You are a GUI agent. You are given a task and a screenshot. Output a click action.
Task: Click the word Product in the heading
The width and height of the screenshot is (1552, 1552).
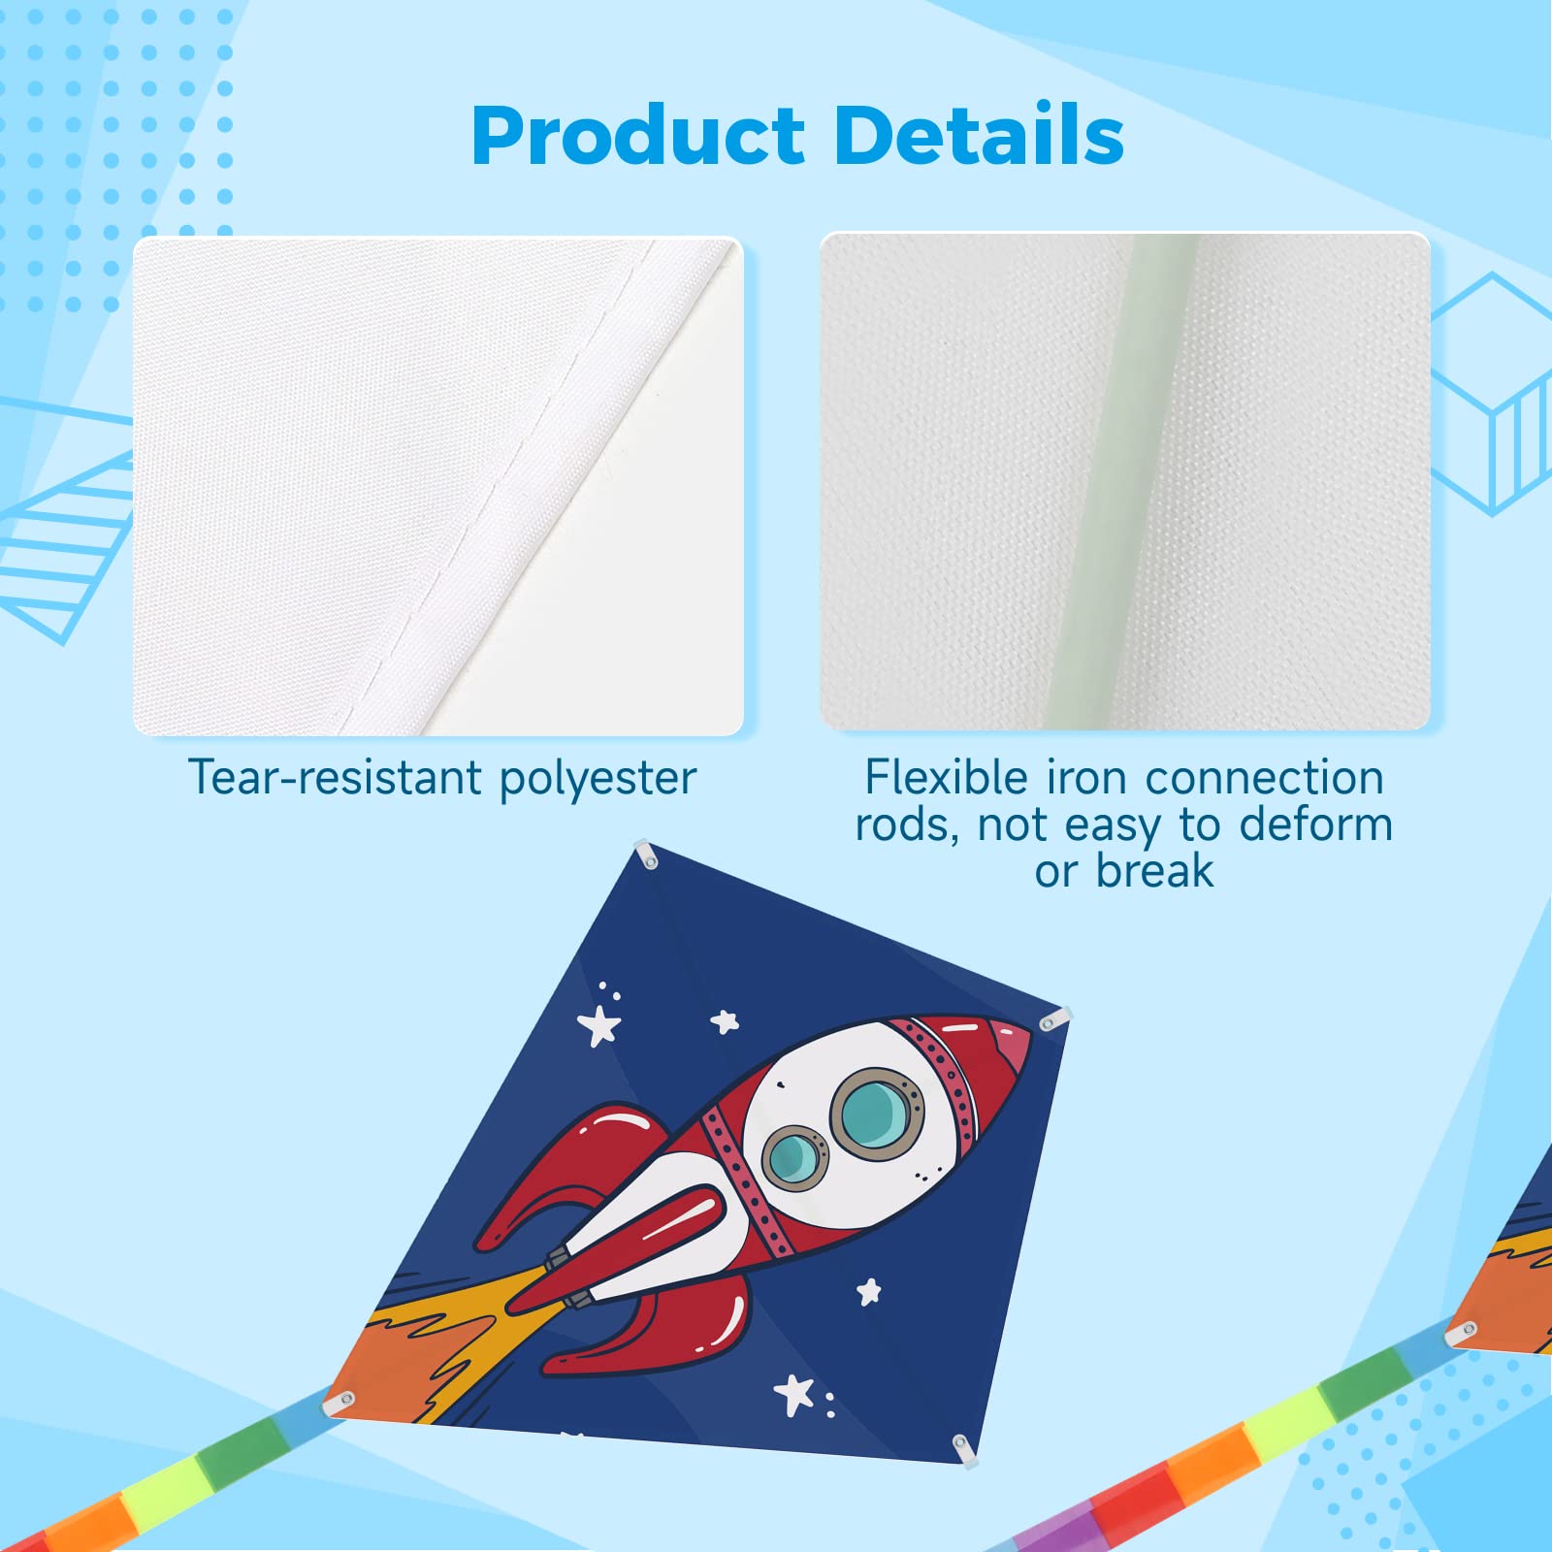638,135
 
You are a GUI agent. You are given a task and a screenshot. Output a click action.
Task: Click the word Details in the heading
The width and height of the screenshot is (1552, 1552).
979,133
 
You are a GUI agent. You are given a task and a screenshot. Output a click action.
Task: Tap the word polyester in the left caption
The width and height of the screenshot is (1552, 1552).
598,780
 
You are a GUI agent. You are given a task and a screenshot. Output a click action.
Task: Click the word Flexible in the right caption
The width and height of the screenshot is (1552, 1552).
946,777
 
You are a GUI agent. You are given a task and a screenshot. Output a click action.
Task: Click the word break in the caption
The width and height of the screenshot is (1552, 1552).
1154,870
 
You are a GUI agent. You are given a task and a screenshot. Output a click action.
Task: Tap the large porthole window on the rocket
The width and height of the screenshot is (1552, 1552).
877,1113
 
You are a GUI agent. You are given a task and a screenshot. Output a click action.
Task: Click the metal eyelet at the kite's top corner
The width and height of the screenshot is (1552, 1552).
647,856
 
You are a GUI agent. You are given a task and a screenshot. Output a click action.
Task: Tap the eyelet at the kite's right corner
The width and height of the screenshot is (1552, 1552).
1052,1020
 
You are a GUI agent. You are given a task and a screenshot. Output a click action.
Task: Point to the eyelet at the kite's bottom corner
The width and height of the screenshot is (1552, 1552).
963,1447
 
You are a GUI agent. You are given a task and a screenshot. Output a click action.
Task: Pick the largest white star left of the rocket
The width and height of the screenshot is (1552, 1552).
599,1025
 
